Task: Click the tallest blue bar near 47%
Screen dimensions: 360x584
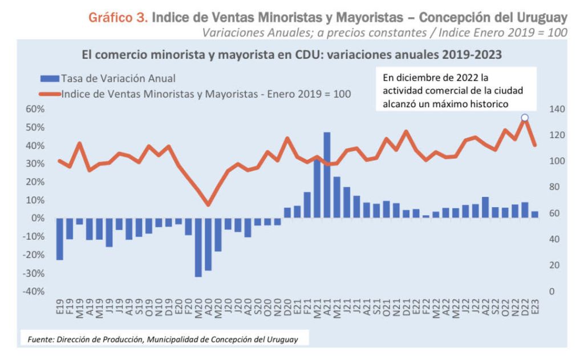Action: coord(327,175)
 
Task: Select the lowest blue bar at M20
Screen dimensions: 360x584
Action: coord(198,247)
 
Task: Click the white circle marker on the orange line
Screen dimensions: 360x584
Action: coord(525,118)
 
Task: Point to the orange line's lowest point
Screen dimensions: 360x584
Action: coord(208,205)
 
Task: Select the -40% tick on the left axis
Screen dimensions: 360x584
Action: coord(34,292)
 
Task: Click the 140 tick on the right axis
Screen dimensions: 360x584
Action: coord(556,109)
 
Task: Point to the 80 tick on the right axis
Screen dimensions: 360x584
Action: coord(554,187)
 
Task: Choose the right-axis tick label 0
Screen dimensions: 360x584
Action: coord(551,292)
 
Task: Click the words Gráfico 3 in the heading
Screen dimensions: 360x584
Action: coord(118,18)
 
